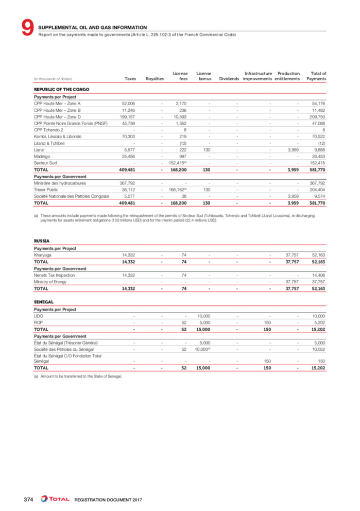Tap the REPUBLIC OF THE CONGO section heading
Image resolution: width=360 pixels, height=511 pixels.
[61, 90]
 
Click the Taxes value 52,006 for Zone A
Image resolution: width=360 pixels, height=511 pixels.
[128, 104]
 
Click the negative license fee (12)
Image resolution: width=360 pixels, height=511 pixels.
[181, 144]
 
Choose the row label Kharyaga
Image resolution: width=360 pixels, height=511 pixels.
[43, 255]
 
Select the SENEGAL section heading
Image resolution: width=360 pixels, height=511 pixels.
[44, 302]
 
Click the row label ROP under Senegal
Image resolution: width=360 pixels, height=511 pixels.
[38, 322]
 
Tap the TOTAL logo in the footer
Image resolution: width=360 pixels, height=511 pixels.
[55, 499]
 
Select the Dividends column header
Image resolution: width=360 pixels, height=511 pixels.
[228, 79]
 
